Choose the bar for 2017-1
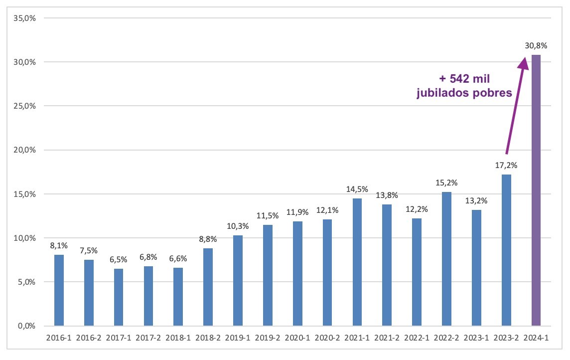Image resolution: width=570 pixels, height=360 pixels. pyautogui.click(x=119, y=297)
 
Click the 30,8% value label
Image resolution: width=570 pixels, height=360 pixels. pyautogui.click(x=536, y=45)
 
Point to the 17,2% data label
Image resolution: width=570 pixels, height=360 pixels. pyautogui.click(x=506, y=165)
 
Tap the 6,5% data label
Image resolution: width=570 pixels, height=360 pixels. pyautogui.click(x=119, y=259)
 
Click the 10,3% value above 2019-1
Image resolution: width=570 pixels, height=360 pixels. pyautogui.click(x=238, y=226)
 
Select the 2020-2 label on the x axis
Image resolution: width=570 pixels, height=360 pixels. pyautogui.click(x=327, y=338)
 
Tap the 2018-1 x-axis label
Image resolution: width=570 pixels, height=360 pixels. pyautogui.click(x=178, y=338)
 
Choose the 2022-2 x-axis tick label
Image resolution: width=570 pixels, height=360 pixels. pyautogui.click(x=446, y=338)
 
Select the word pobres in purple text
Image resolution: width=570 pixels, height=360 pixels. pyautogui.click(x=494, y=93)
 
